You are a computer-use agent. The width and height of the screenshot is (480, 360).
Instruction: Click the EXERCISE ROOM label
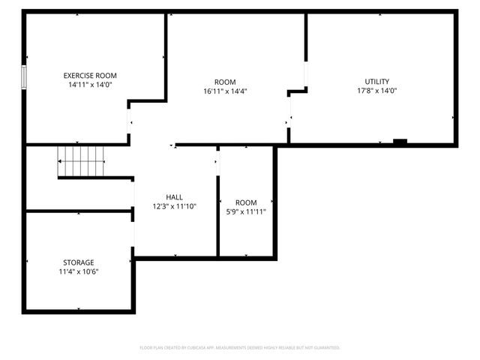pyautogui.click(x=90, y=76)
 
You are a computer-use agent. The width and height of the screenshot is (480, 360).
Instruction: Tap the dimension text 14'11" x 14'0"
pyautogui.click(x=90, y=85)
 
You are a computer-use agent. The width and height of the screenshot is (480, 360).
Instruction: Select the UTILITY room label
pyautogui.click(x=377, y=82)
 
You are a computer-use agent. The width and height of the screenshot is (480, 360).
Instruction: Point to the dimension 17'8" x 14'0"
pyautogui.click(x=377, y=91)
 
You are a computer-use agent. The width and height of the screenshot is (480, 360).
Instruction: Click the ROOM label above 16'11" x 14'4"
pyautogui.click(x=225, y=82)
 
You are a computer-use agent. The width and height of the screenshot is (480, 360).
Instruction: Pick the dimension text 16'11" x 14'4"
pyautogui.click(x=225, y=91)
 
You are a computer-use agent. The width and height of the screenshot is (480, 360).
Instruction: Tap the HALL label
pyautogui.click(x=174, y=197)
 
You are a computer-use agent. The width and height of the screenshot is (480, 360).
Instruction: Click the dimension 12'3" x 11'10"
pyautogui.click(x=174, y=206)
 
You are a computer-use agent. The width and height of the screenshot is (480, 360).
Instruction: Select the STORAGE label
pyautogui.click(x=79, y=262)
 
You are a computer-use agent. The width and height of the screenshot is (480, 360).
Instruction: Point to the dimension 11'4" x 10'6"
pyautogui.click(x=79, y=271)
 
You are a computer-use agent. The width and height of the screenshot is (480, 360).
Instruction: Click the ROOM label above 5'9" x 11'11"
pyautogui.click(x=246, y=202)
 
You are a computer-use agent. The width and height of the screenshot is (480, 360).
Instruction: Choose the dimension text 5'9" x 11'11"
pyautogui.click(x=246, y=211)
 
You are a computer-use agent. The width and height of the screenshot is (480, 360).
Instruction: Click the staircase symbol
pyautogui.click(x=82, y=161)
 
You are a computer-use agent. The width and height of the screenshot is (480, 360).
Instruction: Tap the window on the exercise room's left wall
pyautogui.click(x=24, y=76)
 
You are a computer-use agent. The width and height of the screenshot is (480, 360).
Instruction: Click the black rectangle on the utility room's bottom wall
pyautogui.click(x=400, y=142)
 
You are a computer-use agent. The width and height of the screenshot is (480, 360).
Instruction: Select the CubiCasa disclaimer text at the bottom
pyautogui.click(x=240, y=347)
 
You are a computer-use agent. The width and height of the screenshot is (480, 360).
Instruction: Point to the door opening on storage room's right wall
pyautogui.click(x=133, y=234)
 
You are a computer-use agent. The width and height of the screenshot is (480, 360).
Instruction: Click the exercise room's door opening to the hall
pyautogui.click(x=129, y=121)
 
